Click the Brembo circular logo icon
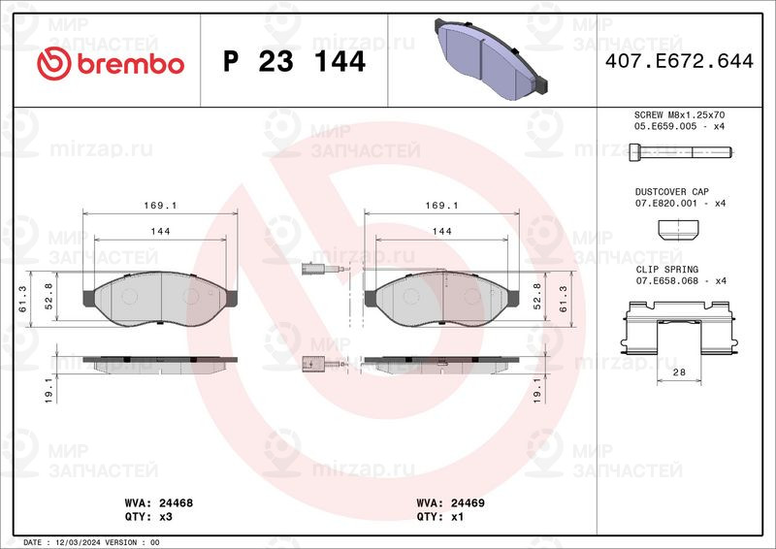[54, 64]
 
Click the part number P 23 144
[295, 62]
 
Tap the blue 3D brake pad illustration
[491, 58]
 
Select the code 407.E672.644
[679, 61]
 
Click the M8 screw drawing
[681, 152]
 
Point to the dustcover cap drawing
[678, 231]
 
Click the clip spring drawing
[679, 327]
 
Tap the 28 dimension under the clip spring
[679, 371]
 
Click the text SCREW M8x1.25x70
[680, 114]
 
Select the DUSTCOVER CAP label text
[672, 192]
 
